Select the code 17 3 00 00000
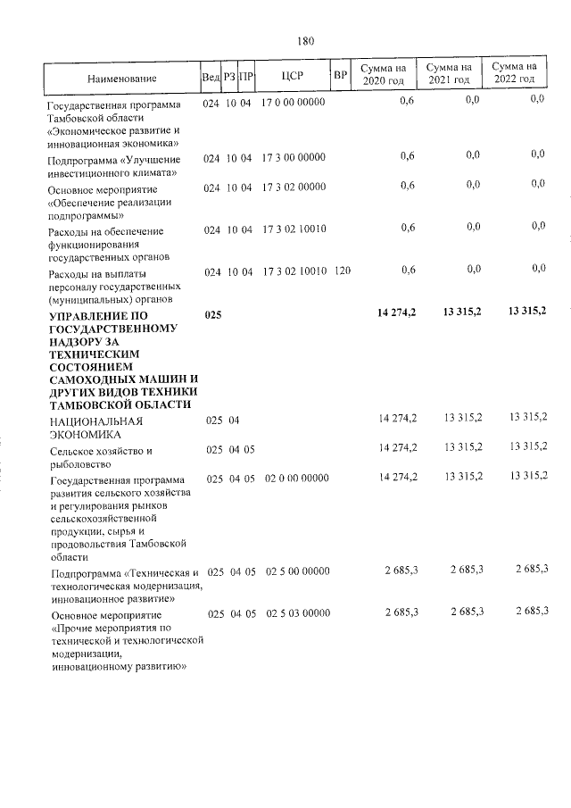point(294,157)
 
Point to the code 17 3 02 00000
point(294,186)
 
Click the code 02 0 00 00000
point(297,479)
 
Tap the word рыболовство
point(81,464)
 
